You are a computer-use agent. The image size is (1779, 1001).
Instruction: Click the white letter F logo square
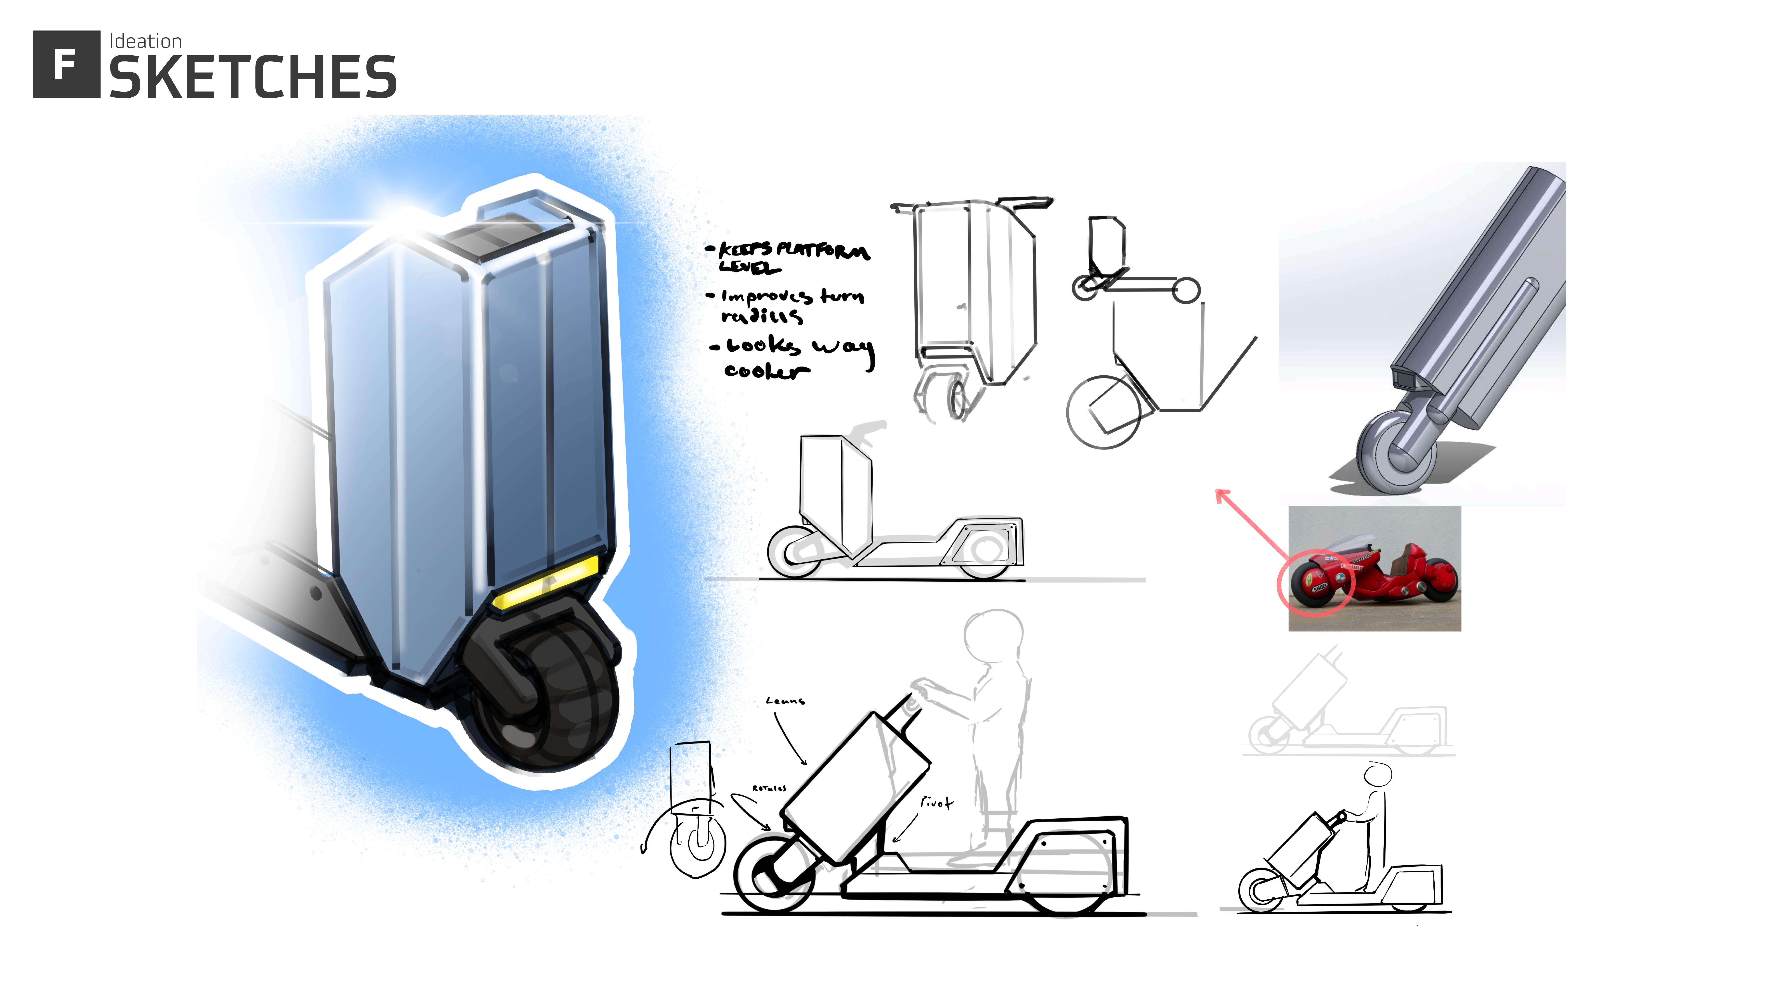pos(66,64)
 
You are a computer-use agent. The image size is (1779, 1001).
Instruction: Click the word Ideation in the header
pos(145,41)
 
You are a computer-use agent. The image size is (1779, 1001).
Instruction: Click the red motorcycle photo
pos(1374,568)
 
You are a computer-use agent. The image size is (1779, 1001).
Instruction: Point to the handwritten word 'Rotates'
pos(769,788)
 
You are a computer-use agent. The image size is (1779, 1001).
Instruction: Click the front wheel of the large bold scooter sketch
pos(774,874)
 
